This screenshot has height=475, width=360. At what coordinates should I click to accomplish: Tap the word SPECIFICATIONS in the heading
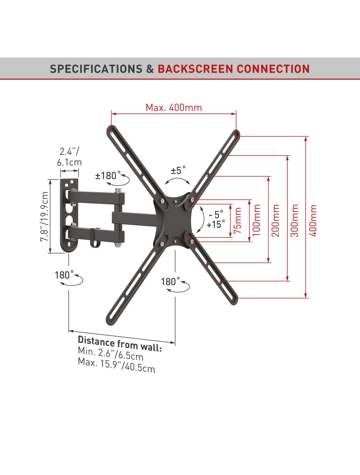click(96, 69)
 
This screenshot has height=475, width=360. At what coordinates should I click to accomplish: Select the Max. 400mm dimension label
click(174, 108)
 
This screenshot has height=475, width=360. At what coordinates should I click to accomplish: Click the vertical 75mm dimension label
click(238, 220)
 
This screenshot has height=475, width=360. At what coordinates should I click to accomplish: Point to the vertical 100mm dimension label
click(256, 220)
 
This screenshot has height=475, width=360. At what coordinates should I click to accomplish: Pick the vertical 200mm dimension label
click(275, 220)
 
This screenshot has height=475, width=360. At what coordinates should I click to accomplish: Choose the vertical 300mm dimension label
click(294, 220)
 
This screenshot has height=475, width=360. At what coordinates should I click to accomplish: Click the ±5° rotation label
click(178, 170)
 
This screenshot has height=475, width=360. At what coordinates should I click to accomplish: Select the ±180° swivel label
click(108, 175)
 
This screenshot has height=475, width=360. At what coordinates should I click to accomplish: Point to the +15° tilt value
click(216, 225)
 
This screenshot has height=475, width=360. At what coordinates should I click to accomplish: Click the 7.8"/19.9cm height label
click(44, 216)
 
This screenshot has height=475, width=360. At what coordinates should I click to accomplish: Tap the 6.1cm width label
click(69, 162)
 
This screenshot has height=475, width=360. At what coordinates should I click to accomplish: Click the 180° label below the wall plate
click(64, 275)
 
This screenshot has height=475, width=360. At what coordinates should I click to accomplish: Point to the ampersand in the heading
click(150, 69)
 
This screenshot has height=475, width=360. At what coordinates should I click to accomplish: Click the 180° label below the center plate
click(170, 282)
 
